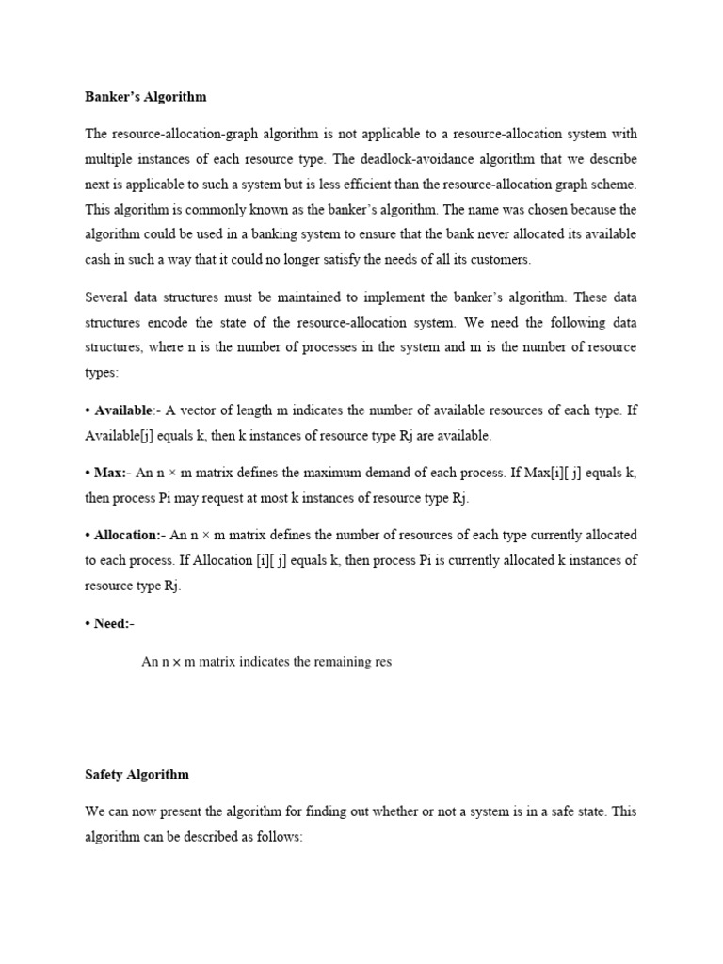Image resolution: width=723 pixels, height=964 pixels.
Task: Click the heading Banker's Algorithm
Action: [145, 97]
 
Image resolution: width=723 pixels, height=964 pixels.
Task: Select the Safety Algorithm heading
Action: [137, 775]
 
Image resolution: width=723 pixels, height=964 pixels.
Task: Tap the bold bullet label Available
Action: [123, 410]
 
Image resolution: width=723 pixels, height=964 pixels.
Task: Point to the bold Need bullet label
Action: [114, 623]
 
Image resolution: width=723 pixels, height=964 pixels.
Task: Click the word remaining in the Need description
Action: [330, 662]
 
